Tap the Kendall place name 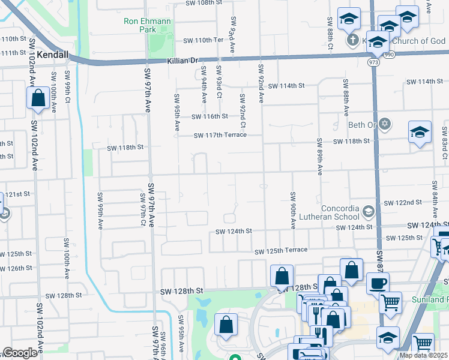point(52,54)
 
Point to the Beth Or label point(361,125)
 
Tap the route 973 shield point(374,62)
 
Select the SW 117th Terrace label point(220,135)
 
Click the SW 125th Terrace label point(280,250)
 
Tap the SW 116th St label point(209,116)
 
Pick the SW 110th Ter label point(202,40)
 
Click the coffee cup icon point(377,283)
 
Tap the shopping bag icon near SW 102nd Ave point(38,98)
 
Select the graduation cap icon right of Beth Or point(420,133)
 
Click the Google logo point(19,353)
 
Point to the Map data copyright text point(424,355)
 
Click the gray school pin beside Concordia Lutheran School point(368,212)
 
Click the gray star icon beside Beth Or point(385,124)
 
